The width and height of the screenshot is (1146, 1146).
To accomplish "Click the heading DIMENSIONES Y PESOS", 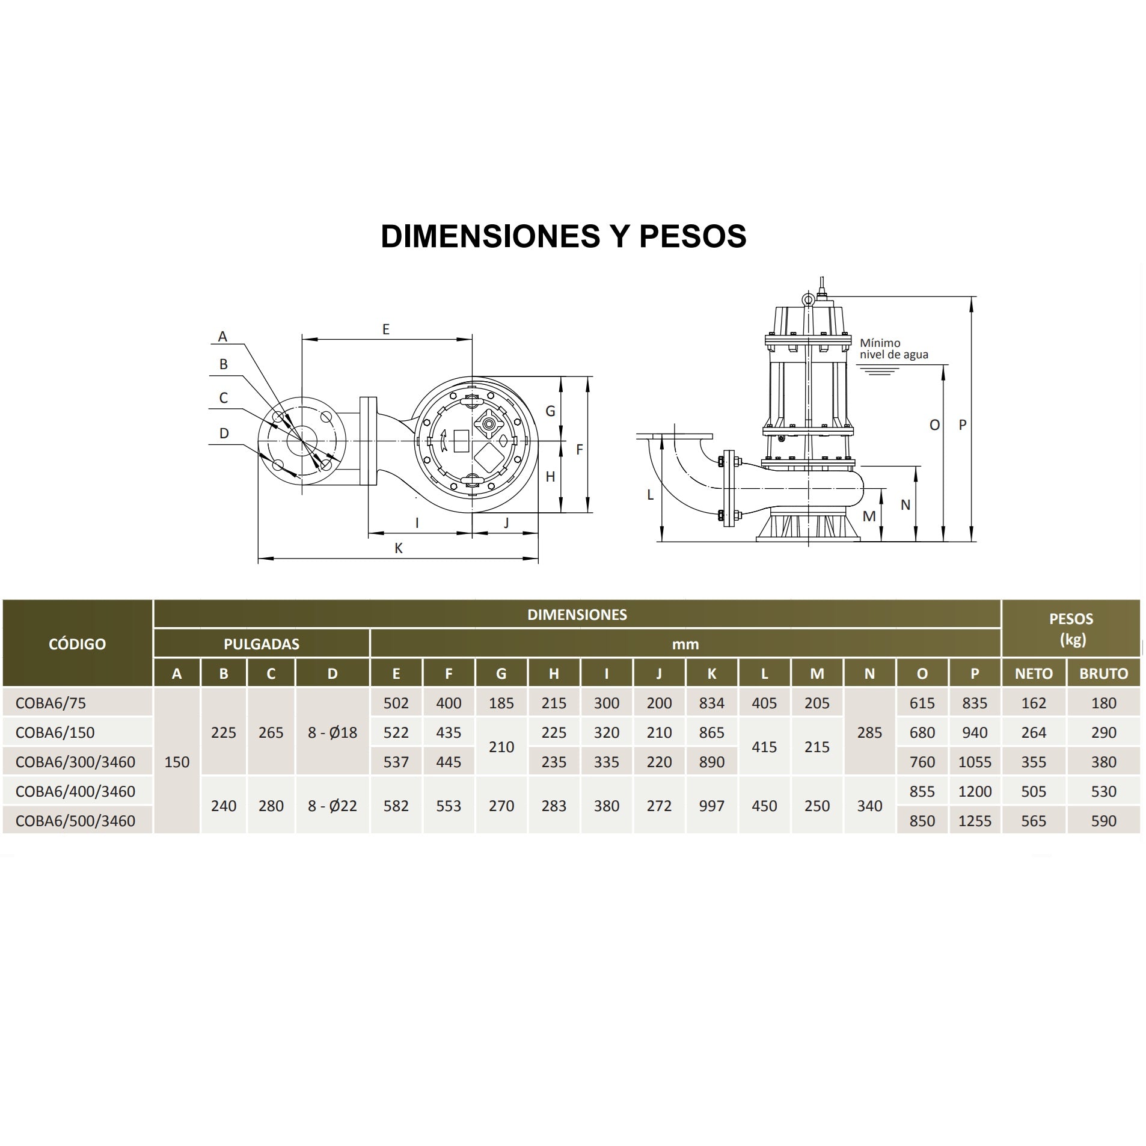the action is (x=563, y=236).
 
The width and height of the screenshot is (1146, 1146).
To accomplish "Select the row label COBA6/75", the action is (x=51, y=703).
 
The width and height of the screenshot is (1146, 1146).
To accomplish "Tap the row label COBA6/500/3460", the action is (x=75, y=821).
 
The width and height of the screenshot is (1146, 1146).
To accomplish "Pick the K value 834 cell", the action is (x=711, y=703).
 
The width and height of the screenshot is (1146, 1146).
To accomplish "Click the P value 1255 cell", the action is (x=975, y=821).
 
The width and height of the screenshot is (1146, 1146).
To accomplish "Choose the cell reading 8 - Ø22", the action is (x=332, y=806).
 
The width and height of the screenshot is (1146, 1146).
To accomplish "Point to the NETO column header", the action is (x=1034, y=673).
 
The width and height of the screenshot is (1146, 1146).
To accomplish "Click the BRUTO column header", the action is (x=1103, y=673).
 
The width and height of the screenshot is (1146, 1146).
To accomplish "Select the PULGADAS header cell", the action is (x=262, y=644).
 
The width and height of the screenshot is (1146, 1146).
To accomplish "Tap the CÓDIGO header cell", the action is (x=77, y=643).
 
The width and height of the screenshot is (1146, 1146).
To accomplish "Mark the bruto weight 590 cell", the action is (x=1103, y=821).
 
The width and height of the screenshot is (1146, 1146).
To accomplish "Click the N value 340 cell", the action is (x=869, y=806).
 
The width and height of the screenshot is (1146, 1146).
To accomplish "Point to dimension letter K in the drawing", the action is (x=398, y=548).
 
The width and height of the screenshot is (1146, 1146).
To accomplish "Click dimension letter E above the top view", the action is (x=386, y=329).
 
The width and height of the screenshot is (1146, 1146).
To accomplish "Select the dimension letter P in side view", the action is (x=963, y=424).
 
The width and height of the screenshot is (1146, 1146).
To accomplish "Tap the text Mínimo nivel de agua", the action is (x=893, y=349).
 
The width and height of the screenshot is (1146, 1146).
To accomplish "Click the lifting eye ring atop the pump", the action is (x=807, y=298).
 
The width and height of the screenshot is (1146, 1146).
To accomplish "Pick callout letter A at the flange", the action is (x=222, y=337).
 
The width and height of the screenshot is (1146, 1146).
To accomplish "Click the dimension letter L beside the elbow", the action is (x=650, y=494).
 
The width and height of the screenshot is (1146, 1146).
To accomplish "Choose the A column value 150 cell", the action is (x=177, y=762).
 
